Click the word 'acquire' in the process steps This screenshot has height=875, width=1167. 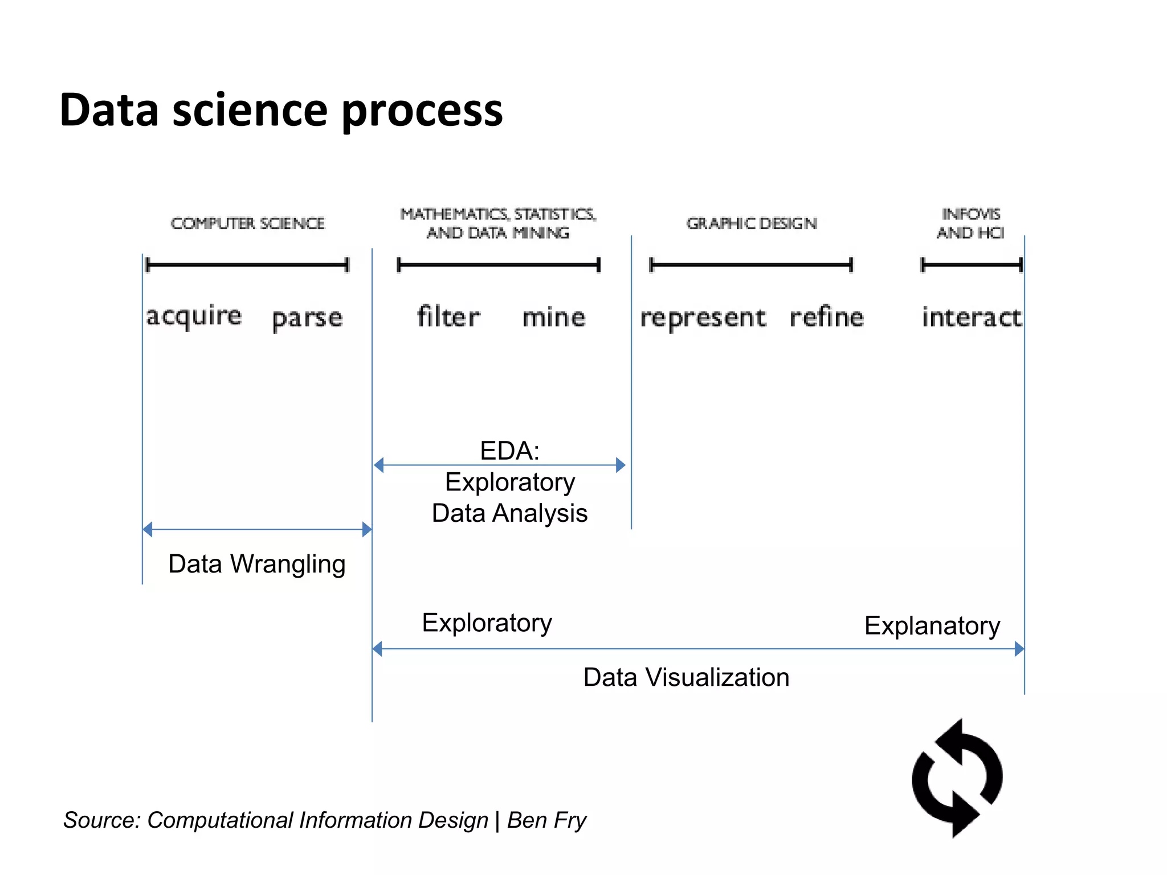194,316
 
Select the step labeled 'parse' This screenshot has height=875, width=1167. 307,318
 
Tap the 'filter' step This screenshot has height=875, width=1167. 448,317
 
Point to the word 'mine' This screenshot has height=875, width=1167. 553,317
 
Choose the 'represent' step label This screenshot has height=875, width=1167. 703,318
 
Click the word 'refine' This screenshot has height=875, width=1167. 826,317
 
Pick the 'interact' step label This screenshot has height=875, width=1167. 971,317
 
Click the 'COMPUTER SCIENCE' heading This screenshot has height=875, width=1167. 247,223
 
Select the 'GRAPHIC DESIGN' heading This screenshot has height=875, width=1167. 751,223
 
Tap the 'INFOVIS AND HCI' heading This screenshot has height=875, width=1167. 970,223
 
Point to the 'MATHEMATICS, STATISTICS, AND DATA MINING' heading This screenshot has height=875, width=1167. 498,223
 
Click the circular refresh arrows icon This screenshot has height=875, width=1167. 957,778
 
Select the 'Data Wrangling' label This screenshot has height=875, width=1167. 256,564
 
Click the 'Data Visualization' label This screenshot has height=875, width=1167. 686,677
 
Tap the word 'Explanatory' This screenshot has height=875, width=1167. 932,625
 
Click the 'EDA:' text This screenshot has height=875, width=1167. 509,451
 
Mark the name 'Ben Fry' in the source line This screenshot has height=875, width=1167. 546,820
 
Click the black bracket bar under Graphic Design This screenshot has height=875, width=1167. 751,265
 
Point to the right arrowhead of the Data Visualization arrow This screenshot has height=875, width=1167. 1019,649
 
